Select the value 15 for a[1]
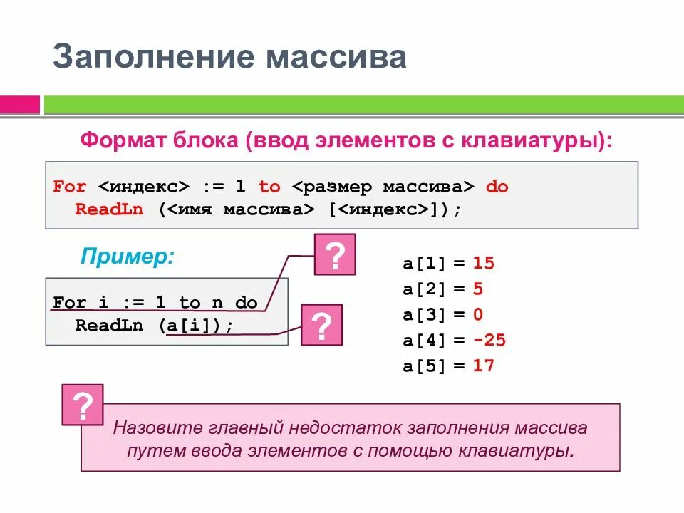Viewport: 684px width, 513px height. pos(483,264)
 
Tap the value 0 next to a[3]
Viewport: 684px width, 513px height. pos(478,315)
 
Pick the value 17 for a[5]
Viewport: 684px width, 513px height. pos(483,366)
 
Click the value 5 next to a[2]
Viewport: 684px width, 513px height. pos(478,289)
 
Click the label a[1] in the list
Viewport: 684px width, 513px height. pos(424,264)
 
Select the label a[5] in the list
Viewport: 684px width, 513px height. pos(424,366)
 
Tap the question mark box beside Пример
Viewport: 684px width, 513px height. pos(335,254)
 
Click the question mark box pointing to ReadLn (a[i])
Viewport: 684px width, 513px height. pos(321,325)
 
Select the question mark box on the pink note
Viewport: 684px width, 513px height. pos(83,405)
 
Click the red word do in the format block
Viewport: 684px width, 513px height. pos(497,187)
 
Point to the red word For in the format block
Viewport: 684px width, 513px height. pos(70,187)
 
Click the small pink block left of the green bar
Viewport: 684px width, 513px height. pos(20,105)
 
